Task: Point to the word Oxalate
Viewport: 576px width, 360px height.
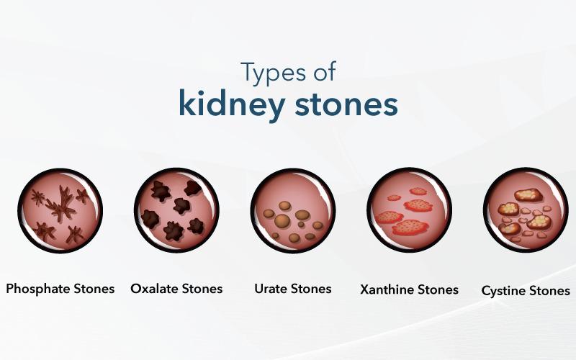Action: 155,289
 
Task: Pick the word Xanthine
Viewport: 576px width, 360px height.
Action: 387,289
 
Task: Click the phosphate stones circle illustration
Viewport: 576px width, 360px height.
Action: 60,210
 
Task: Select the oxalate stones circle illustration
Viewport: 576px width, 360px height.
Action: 176,210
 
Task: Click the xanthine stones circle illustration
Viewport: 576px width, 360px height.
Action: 409,210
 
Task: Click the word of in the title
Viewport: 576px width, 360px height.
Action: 324,72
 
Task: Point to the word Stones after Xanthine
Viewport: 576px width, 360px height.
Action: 436,289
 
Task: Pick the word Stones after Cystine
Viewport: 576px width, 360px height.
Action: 549,291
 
